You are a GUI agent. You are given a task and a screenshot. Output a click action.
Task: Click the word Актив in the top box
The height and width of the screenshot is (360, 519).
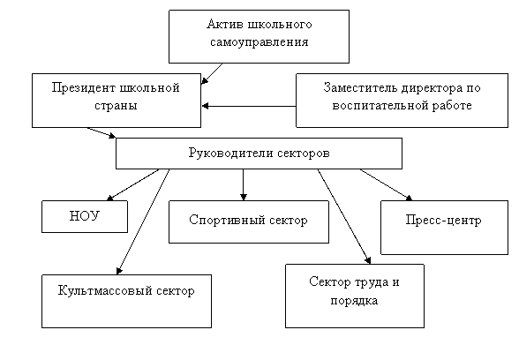coord(225,24)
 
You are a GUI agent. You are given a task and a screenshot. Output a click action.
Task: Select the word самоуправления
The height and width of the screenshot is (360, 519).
coord(259,42)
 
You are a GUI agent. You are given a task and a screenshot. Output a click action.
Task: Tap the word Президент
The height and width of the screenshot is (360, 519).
coord(83,87)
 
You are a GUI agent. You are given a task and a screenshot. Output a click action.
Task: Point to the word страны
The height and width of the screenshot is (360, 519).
coord(116,106)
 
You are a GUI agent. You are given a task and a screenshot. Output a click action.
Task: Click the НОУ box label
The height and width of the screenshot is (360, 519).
coord(85,216)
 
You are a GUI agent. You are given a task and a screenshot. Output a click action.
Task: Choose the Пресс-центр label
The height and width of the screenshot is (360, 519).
coord(443,220)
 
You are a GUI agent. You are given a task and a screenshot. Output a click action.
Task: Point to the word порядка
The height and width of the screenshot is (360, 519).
coord(354,301)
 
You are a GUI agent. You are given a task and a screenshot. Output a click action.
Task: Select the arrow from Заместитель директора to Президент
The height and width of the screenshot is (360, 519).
coord(249,106)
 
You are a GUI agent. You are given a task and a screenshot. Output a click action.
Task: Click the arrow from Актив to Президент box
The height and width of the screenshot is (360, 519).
coord(212,74)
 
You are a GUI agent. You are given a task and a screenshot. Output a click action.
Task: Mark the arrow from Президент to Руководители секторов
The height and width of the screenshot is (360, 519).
coord(102,132)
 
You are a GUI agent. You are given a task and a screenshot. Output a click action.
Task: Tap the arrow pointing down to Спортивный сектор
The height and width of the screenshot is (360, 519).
coord(244,184)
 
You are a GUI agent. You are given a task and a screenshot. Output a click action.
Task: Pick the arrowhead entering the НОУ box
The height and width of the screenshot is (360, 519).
coord(109,198)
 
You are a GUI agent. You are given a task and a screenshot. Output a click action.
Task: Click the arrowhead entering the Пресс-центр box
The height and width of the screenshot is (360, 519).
coord(409,198)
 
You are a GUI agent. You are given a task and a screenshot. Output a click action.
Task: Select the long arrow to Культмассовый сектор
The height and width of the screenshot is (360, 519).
coord(143,221)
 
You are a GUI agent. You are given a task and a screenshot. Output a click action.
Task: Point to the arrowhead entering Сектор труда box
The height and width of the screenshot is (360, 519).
coord(367,260)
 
